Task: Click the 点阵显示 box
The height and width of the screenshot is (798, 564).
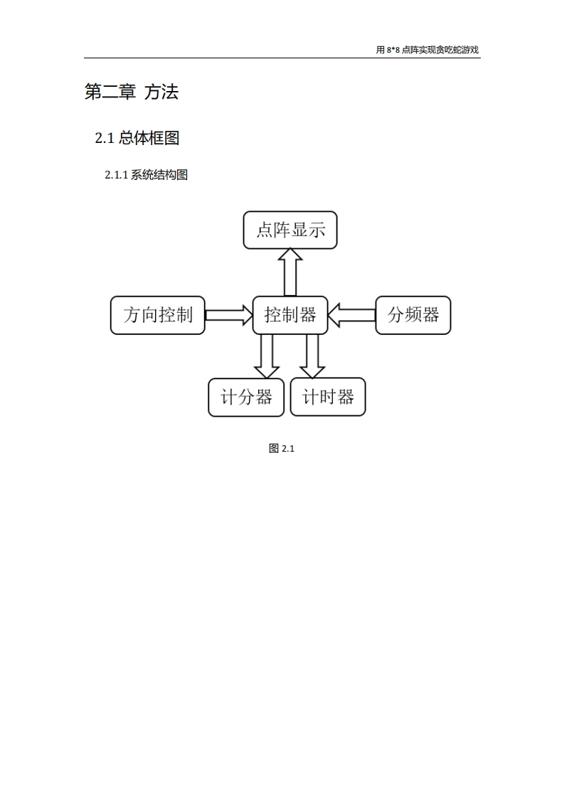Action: [290, 230]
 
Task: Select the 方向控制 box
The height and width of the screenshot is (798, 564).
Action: [158, 315]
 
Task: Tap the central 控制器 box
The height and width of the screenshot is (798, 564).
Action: [290, 315]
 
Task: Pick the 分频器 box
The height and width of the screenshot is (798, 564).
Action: [413, 315]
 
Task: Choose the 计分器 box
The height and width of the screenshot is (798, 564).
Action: [246, 397]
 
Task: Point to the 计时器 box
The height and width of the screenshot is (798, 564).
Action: [328, 397]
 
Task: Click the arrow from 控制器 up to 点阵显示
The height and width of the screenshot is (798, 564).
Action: [290, 272]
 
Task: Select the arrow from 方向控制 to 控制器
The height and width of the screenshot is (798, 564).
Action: [229, 315]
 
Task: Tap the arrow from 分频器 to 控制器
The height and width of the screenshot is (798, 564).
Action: [352, 315]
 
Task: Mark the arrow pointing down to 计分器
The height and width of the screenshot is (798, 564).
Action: [267, 356]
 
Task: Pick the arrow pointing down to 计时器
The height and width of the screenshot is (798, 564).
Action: [312, 356]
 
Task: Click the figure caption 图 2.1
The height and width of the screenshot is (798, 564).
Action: [282, 448]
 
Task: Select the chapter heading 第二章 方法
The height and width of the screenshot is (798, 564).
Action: [132, 92]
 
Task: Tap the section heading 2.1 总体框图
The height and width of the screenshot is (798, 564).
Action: [137, 138]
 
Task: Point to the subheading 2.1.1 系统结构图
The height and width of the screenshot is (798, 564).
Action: [146, 175]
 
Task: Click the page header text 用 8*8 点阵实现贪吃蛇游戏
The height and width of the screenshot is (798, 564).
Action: [427, 50]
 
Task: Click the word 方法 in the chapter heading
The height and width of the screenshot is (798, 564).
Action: [161, 92]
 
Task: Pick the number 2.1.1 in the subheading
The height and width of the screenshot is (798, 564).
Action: [116, 175]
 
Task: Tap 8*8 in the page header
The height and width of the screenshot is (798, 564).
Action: [393, 50]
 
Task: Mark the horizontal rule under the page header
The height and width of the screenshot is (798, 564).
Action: [282, 58]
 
